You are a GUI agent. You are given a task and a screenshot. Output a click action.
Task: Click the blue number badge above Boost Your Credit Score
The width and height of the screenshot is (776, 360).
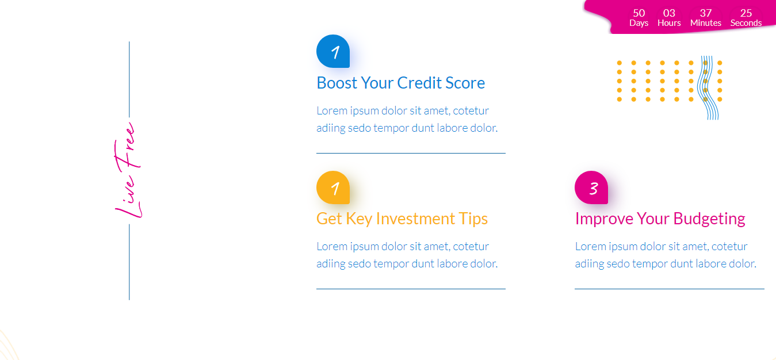333,51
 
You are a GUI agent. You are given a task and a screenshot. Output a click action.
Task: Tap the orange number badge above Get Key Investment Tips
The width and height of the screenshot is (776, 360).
333,187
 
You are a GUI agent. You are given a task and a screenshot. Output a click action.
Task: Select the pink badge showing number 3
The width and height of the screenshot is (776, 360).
591,187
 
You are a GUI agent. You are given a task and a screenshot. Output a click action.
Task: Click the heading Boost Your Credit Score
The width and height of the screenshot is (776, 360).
400,83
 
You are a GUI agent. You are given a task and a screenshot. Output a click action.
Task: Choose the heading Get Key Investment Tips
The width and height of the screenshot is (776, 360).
402,219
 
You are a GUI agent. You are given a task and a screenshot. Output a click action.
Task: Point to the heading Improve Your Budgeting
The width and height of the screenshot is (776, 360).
660,219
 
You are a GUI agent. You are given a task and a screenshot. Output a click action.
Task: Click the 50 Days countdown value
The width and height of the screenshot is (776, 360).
639,18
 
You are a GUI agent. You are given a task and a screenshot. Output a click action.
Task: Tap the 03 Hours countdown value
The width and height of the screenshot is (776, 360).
669,18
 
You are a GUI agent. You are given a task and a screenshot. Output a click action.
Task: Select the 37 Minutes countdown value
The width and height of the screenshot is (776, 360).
706,18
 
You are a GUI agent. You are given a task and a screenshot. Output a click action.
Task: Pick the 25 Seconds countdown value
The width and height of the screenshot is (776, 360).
746,18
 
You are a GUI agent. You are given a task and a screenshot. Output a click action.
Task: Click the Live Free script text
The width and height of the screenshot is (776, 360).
128,170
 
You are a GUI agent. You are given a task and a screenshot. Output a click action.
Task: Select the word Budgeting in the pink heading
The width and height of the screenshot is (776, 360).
709,219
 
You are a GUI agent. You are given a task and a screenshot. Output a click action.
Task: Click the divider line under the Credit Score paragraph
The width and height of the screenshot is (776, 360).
411,153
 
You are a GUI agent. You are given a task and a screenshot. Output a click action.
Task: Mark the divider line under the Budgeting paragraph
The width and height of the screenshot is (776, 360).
670,289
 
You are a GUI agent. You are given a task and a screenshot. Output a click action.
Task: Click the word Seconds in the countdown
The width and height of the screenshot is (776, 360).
746,23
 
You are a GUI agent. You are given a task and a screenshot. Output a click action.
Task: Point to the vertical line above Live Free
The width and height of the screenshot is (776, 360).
129,79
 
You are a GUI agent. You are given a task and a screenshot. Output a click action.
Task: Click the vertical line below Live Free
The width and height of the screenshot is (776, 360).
129,262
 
